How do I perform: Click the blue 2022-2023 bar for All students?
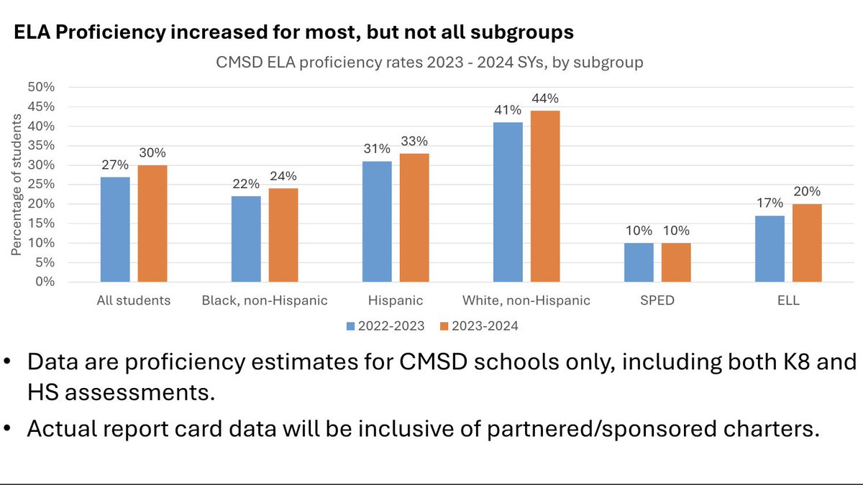coord(115,229)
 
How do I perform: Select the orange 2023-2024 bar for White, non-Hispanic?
coord(545,196)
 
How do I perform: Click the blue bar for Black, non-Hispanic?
coord(246,239)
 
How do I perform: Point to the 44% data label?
coord(545,98)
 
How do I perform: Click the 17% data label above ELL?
coord(770,204)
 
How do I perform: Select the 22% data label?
coord(246,185)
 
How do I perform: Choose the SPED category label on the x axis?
coord(657,300)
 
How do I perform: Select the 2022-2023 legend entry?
coord(389,325)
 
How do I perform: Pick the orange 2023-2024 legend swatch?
coord(444,325)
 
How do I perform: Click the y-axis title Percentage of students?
coord(17,185)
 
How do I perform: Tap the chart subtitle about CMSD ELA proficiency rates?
coord(429,62)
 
